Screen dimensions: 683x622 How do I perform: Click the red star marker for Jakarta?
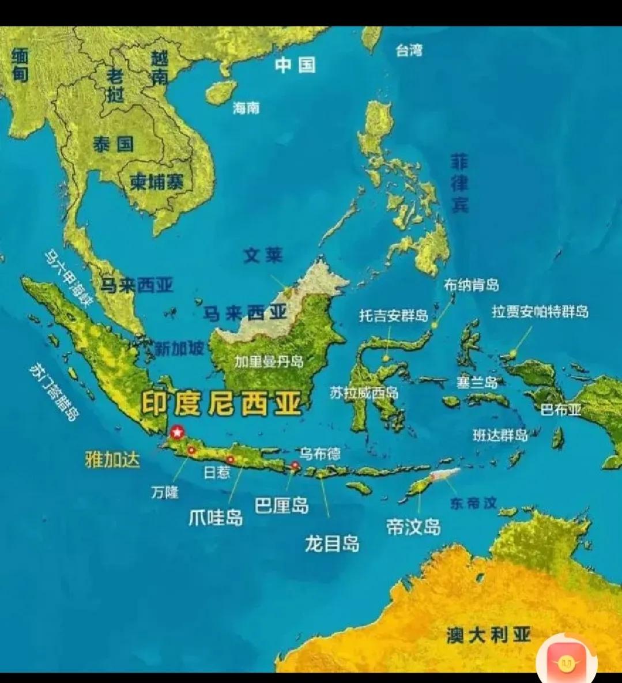177,432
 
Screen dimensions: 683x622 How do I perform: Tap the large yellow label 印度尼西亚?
222,404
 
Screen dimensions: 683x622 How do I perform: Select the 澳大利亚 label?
488,635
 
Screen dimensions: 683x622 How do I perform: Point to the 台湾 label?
409,51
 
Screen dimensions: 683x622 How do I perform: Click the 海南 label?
246,108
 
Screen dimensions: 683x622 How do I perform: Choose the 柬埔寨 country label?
156,182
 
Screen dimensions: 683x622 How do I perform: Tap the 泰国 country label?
113,144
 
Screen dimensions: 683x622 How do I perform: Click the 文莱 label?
263,255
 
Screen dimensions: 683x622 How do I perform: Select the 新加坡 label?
179,348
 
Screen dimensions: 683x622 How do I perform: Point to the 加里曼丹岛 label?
269,362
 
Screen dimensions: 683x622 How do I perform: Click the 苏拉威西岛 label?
364,393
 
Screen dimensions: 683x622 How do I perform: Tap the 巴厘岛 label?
281,505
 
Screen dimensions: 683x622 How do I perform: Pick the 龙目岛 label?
332,543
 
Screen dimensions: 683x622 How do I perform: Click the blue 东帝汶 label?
473,503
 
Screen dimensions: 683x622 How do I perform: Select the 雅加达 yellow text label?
112,459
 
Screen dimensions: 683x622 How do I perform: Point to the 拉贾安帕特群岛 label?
540,312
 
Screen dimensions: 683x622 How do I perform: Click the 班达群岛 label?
500,435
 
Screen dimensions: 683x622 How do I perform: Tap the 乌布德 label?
320,454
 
